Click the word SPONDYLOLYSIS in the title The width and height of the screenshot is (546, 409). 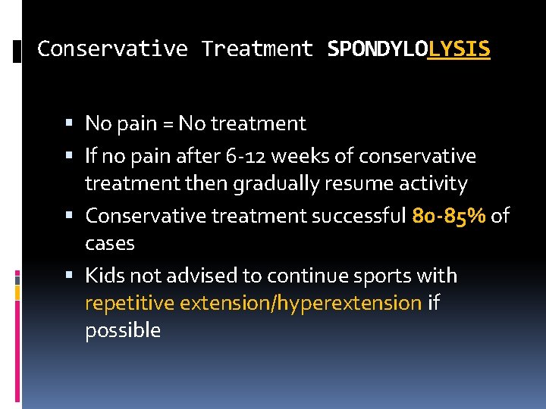(409, 49)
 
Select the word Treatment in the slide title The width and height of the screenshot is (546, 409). (257, 49)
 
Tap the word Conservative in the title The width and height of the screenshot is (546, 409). (112, 49)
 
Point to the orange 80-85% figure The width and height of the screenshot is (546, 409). (449, 216)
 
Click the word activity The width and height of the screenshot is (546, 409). (435, 184)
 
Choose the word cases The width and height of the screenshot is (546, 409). (109, 244)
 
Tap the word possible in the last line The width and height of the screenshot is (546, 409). (123, 331)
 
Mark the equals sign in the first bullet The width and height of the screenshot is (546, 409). (166, 123)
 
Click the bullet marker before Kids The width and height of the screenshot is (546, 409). (70, 275)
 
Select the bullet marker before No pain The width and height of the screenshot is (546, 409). (70, 123)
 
